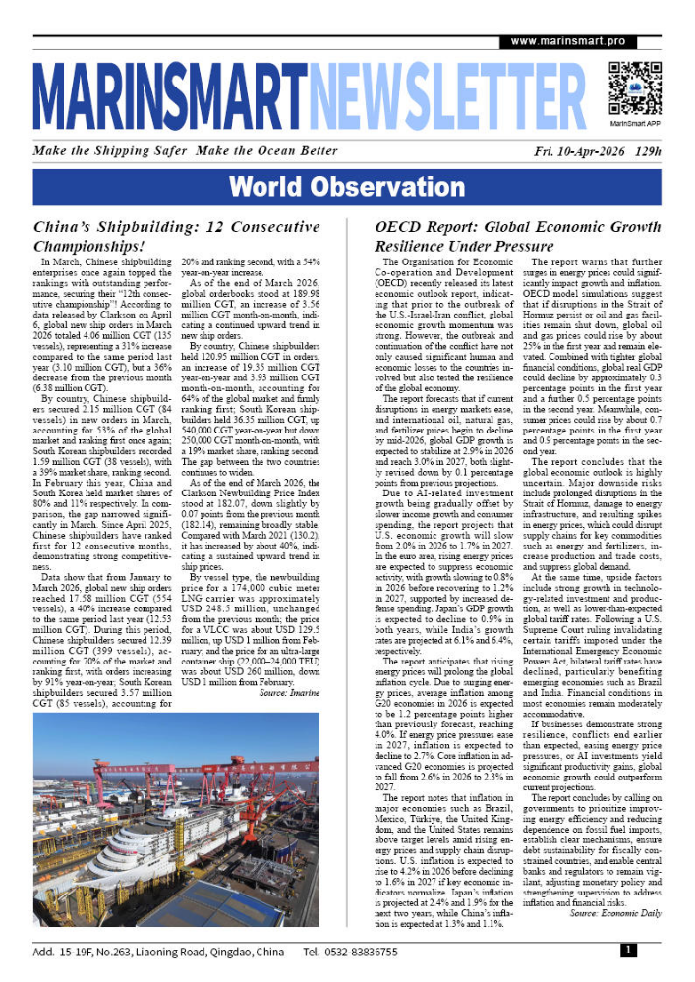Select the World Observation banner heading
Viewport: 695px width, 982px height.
[347, 186]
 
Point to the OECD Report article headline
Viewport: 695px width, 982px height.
[505, 235]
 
